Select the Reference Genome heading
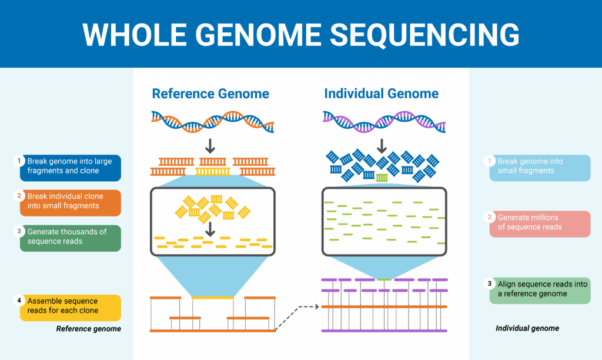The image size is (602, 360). [210, 94]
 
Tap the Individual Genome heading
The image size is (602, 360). [381, 94]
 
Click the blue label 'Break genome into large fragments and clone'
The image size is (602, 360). [70, 166]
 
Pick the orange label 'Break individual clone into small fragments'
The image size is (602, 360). [70, 202]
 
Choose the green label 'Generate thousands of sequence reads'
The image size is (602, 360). [70, 237]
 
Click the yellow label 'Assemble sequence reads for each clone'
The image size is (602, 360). [70, 306]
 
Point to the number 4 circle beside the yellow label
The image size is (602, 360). [19, 301]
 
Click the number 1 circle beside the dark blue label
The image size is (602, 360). [19, 161]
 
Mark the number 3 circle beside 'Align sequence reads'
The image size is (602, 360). [490, 284]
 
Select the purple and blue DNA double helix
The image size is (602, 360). [384, 121]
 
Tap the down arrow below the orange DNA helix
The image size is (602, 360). [210, 145]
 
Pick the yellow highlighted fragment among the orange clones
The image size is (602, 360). [213, 172]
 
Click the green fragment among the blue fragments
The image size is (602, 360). [382, 177]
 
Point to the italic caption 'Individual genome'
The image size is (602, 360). [527, 328]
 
